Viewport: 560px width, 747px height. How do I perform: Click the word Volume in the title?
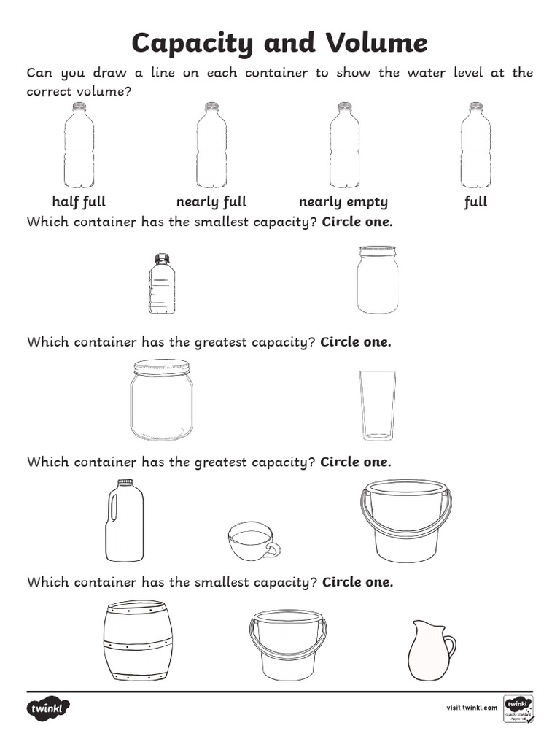click(x=376, y=43)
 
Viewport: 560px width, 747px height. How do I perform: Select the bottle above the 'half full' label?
click(x=79, y=146)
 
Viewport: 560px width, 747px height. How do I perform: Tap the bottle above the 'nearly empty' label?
click(x=344, y=146)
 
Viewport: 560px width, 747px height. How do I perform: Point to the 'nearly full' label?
click(x=211, y=202)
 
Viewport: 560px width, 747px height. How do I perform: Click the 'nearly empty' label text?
click(x=343, y=202)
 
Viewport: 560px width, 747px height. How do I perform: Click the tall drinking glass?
click(x=378, y=405)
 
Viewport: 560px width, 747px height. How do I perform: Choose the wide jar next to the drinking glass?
click(x=161, y=400)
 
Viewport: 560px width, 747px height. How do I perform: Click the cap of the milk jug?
click(x=125, y=482)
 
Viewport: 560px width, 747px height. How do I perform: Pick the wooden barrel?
click(x=138, y=640)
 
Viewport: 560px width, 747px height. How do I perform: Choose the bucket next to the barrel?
click(x=287, y=645)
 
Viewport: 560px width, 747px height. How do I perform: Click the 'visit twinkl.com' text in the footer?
click(x=471, y=707)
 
